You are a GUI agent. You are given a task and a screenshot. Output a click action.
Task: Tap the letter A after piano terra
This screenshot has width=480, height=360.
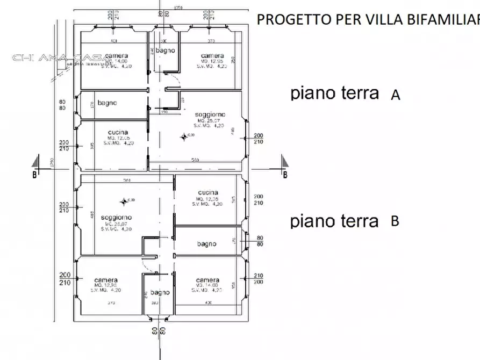(x=396, y=95)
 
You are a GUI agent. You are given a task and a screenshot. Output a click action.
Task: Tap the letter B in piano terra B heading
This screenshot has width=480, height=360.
(x=395, y=221)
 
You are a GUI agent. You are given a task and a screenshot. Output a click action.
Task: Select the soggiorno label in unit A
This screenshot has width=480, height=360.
(x=210, y=114)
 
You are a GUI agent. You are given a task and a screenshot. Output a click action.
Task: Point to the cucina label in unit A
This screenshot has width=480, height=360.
(x=118, y=132)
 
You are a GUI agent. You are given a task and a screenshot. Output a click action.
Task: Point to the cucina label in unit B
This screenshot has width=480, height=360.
(x=207, y=192)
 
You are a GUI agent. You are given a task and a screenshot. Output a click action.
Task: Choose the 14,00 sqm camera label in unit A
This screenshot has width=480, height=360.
(x=117, y=56)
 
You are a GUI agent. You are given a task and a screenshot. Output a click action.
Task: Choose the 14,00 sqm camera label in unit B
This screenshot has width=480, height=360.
(x=207, y=280)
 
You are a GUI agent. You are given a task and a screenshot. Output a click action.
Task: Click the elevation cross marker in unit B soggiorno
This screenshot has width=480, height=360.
(x=124, y=201)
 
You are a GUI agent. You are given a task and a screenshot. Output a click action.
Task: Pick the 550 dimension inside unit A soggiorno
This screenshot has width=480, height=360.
(x=196, y=160)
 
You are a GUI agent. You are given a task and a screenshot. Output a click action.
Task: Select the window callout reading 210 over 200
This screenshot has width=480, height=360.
(x=259, y=279)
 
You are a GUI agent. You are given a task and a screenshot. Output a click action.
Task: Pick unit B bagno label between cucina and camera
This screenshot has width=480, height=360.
(x=206, y=244)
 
